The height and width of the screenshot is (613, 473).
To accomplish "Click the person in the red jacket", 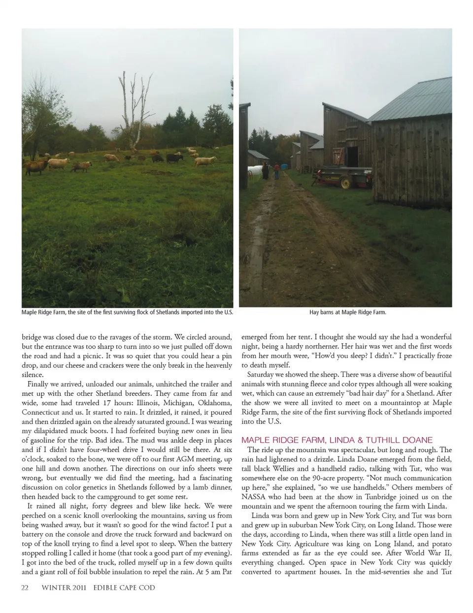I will point(276,171).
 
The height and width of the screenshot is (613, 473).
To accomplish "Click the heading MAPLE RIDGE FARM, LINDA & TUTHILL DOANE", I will point(337,440).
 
